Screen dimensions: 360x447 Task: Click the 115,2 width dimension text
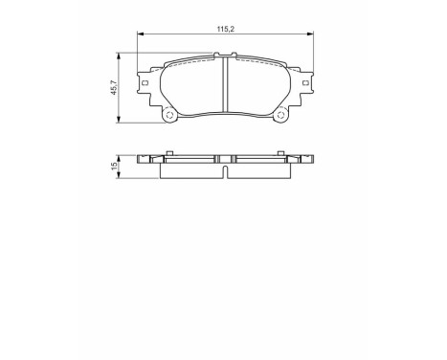pyautogui.click(x=224, y=31)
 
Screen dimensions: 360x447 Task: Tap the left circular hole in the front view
pyautogui.click(x=170, y=117)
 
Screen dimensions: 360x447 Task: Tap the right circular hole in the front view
pyautogui.click(x=281, y=117)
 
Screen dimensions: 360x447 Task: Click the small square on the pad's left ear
pyautogui.click(x=145, y=84)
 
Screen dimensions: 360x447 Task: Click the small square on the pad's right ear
pyautogui.click(x=307, y=84)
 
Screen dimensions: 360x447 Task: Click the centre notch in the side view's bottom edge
pyautogui.click(x=226, y=174)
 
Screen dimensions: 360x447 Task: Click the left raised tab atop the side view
pyautogui.click(x=168, y=151)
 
